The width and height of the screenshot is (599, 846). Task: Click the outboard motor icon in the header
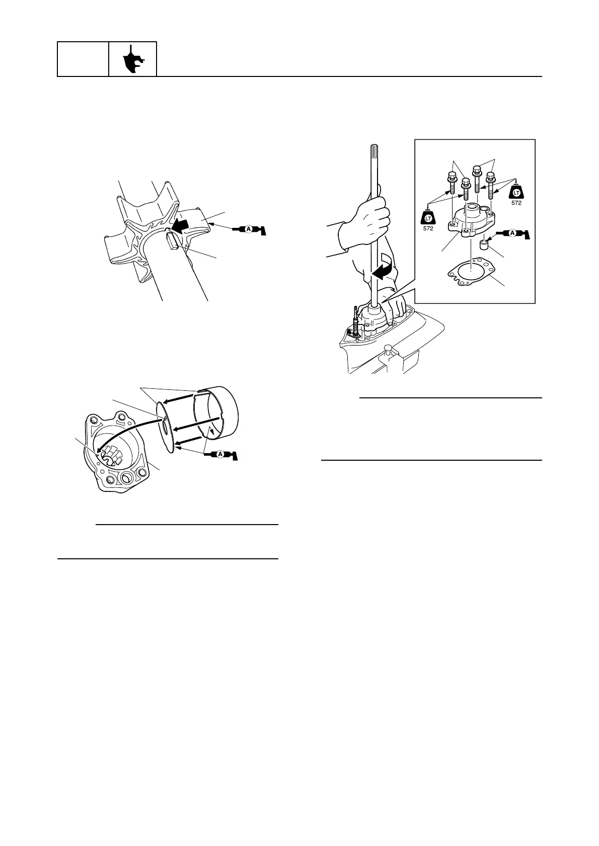point(133,59)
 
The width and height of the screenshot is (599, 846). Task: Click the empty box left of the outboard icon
point(83,59)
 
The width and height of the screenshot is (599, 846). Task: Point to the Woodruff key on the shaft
point(172,242)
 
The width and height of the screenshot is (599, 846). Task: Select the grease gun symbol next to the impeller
point(250,229)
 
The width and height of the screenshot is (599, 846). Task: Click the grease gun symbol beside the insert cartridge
point(220,455)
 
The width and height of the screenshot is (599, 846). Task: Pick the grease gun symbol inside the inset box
point(513,234)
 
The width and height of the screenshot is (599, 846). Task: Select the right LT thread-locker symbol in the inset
point(516,192)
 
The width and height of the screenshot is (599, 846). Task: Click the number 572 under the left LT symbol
point(428,228)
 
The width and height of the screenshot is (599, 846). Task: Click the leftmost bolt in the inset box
point(451,183)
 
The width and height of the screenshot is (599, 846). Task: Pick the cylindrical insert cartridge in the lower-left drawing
point(216,412)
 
